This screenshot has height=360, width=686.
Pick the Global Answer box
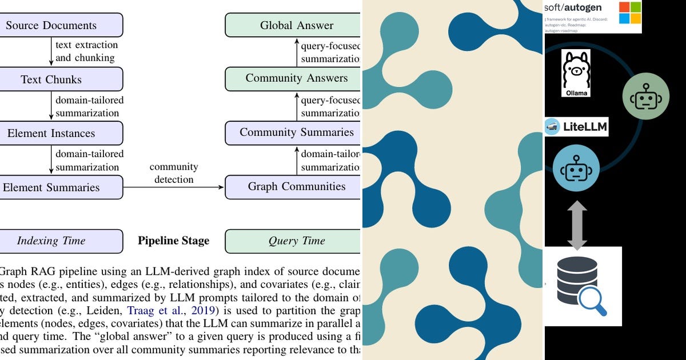pos(293,25)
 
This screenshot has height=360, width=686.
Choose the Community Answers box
pos(293,78)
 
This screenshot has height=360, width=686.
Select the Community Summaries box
pos(293,133)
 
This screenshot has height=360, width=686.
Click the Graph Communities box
pos(293,187)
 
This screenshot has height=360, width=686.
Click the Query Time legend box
pos(293,241)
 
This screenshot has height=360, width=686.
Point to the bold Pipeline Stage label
pos(173,241)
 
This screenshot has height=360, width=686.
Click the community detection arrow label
pos(174,173)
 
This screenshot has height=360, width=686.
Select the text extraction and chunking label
pos(86,51)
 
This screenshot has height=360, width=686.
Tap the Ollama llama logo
pos(576,73)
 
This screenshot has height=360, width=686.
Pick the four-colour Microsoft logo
pos(630,13)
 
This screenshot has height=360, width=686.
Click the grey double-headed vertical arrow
pos(577,225)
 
